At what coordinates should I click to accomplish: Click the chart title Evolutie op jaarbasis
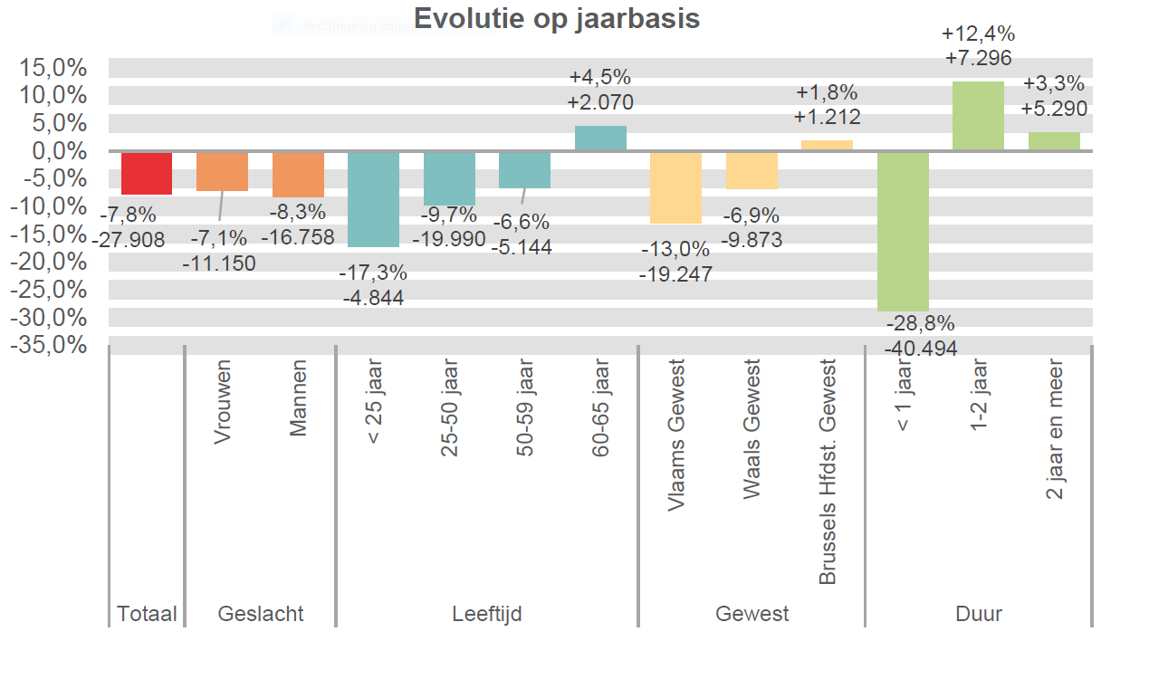click(x=557, y=18)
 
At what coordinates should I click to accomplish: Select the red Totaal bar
click(x=147, y=173)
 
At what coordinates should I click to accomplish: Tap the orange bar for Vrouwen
click(x=222, y=171)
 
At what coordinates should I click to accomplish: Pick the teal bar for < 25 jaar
click(x=373, y=199)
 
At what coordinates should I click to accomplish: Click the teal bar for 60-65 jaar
click(x=600, y=139)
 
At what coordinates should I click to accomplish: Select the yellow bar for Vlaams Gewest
click(x=675, y=187)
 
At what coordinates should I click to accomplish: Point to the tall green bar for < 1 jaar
click(x=903, y=231)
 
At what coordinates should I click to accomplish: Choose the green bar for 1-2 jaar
click(x=978, y=116)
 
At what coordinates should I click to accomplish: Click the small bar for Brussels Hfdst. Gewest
click(x=827, y=146)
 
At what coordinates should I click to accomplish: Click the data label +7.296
click(x=978, y=57)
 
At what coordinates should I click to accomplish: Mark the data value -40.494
click(x=920, y=348)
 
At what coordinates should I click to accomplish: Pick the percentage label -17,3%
click(x=373, y=273)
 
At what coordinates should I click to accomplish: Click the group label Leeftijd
click(x=487, y=614)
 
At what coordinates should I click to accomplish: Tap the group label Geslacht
click(x=261, y=614)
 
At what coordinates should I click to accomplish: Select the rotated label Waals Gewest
click(x=752, y=428)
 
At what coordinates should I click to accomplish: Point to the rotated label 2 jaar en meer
click(x=1055, y=428)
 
